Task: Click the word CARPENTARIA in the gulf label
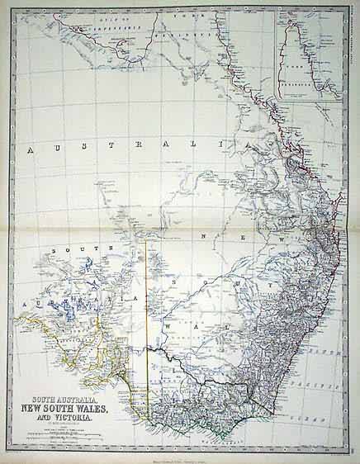tap(112, 26)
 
